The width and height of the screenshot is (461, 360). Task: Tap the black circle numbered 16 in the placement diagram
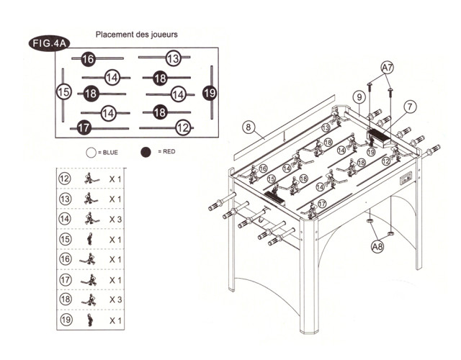[x=88, y=59]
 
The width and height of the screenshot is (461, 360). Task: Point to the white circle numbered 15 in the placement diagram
[x=64, y=92]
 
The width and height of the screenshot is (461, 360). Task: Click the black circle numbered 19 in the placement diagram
[x=210, y=92]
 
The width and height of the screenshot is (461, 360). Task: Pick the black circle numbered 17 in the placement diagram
[x=84, y=127]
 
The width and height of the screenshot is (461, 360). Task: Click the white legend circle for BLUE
[x=91, y=152]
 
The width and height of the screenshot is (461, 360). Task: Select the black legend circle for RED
[x=146, y=152]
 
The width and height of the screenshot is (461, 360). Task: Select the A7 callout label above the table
[x=387, y=67]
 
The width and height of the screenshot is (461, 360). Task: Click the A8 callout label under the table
[x=376, y=247]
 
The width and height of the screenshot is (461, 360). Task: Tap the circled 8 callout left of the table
[x=249, y=127]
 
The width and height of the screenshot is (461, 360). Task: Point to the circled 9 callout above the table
[x=358, y=96]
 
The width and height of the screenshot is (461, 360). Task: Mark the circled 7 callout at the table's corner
[x=409, y=107]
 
